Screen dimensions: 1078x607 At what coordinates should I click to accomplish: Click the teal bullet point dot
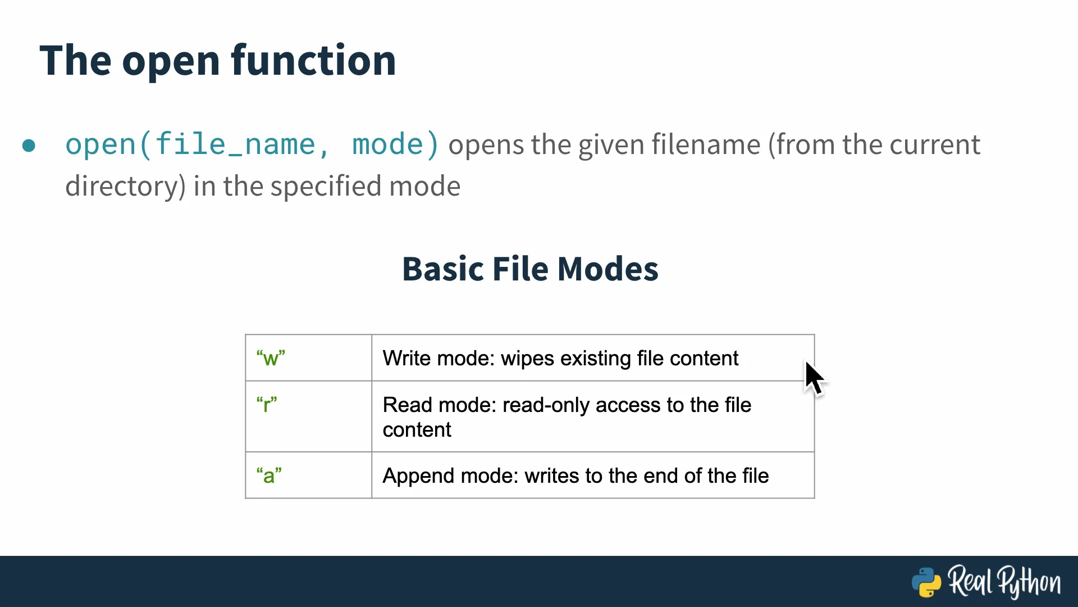pyautogui.click(x=29, y=146)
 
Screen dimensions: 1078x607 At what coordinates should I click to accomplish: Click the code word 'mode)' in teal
pyautogui.click(x=395, y=144)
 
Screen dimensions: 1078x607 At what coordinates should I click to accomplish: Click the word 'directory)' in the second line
pyautogui.click(x=125, y=187)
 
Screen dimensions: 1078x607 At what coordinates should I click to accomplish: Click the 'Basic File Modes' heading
pyautogui.click(x=530, y=269)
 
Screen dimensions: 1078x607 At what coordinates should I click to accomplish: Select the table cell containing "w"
pyautogui.click(x=308, y=358)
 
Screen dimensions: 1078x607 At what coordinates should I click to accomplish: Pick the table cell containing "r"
pyautogui.click(x=308, y=416)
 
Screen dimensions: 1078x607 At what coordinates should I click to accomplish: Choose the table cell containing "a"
pyautogui.click(x=308, y=475)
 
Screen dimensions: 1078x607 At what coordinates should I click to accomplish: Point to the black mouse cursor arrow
pyautogui.click(x=815, y=379)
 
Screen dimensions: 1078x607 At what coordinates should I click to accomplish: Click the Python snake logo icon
pyautogui.click(x=926, y=582)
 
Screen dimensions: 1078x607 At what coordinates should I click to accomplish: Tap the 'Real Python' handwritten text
pyautogui.click(x=1004, y=582)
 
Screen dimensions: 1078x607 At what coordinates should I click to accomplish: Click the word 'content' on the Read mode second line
pyautogui.click(x=417, y=430)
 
